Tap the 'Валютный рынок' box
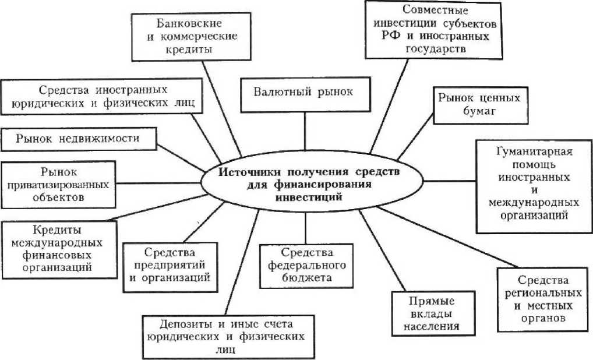tap(305, 93)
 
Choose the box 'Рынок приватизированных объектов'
tap(59, 184)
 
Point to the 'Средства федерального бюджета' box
tap(307, 265)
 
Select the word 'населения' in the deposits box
tap(432, 326)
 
